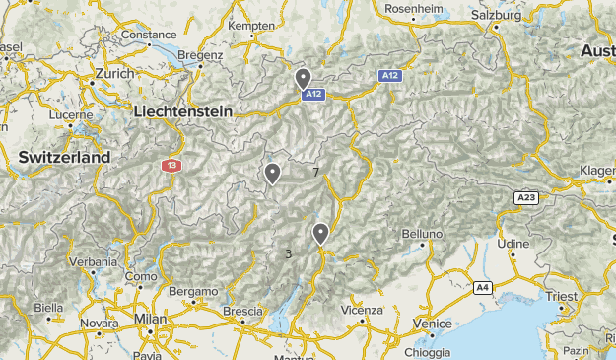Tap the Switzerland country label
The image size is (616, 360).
65,158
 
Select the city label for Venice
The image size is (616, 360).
433,323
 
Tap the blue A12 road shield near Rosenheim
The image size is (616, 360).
390,75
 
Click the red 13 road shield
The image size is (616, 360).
173,165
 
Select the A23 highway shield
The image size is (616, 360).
526,198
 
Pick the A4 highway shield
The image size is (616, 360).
482,287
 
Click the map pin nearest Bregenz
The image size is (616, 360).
304,78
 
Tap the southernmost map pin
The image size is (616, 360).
320,234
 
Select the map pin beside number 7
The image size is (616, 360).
272,174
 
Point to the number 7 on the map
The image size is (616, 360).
315,173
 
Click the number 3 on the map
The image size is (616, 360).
288,253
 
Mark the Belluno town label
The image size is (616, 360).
424,234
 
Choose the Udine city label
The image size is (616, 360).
513,243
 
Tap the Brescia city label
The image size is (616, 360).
242,312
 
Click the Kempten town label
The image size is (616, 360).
251,25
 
